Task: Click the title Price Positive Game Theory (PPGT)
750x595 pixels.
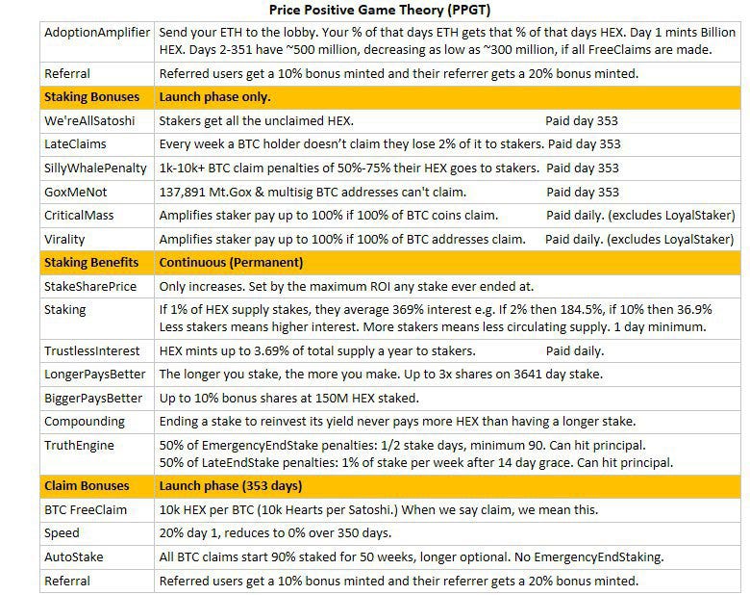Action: tap(377, 11)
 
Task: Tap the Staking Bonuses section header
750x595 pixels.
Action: tap(91, 97)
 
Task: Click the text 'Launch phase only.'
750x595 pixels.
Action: tap(214, 97)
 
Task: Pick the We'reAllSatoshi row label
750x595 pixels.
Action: tap(89, 121)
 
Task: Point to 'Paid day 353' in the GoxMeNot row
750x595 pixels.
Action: tap(583, 192)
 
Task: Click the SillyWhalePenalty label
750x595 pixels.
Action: tap(94, 168)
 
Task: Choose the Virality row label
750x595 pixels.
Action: tap(65, 239)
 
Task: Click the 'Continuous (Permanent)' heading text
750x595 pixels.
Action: tap(231, 262)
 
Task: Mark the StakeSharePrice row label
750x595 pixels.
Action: tap(90, 286)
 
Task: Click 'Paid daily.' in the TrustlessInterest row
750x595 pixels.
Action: tap(574, 351)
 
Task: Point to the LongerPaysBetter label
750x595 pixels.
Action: tap(93, 375)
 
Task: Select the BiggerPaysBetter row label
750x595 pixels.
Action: tap(93, 399)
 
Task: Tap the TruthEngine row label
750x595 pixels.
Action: tap(79, 446)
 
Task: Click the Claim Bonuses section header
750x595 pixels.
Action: tap(87, 486)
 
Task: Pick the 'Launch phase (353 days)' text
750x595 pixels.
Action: tap(231, 486)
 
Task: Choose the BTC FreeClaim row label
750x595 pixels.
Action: tap(86, 510)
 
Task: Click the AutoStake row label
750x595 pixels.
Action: tap(73, 557)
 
